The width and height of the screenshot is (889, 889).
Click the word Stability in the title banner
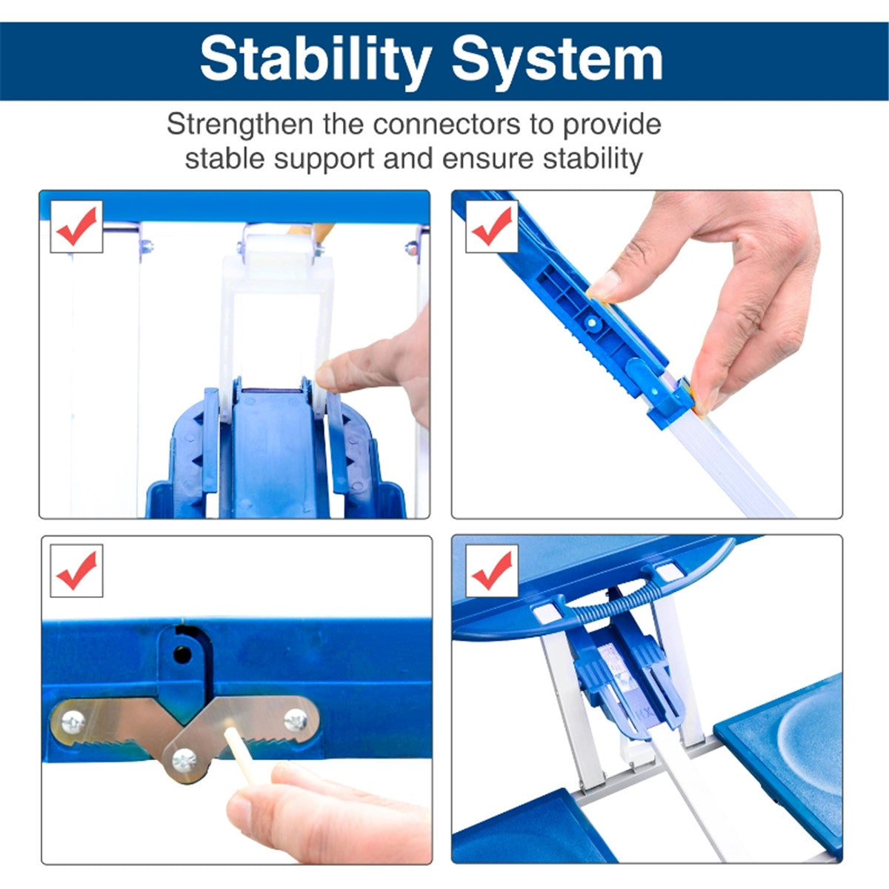316,61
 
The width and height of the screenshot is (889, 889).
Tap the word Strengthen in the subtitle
240,124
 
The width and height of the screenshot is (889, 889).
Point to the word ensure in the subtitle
488,159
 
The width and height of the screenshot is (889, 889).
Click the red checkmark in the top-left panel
76,226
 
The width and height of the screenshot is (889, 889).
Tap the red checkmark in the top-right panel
492,226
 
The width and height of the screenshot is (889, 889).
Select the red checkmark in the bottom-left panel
76,570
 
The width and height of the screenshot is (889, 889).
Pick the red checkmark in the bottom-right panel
492,570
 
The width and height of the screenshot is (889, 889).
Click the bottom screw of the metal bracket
184,761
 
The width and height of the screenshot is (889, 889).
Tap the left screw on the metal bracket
73,722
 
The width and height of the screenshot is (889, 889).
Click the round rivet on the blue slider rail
591,322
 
